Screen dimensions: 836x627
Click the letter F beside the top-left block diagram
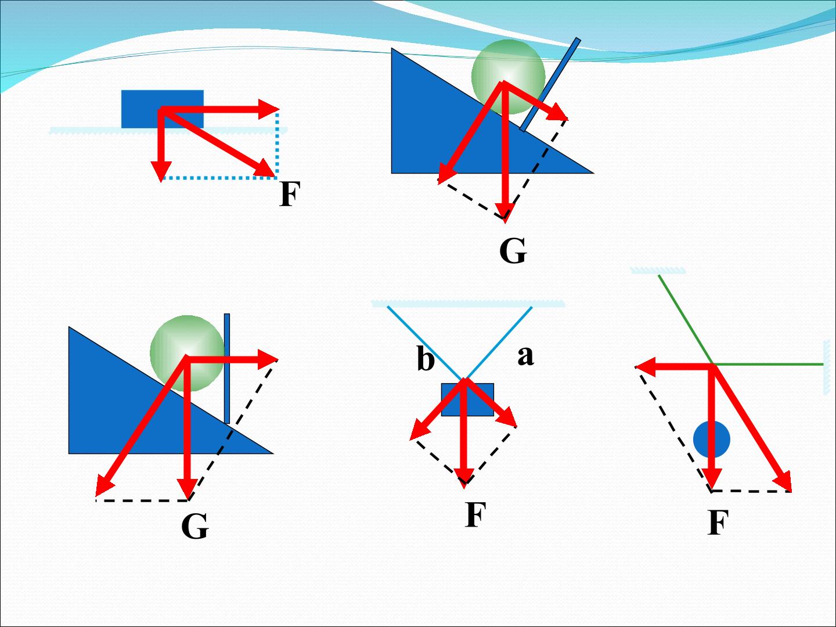pos(290,194)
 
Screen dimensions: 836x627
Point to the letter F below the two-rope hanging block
pos(475,514)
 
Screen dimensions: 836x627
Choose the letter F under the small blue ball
pos(718,522)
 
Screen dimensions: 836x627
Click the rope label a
pos(525,356)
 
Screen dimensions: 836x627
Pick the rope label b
pos(426,358)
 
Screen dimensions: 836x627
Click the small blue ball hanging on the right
pos(711,439)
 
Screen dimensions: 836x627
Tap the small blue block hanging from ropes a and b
pos(467,400)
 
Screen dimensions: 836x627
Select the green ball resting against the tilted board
pos(509,77)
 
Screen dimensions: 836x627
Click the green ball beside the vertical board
pos(187,354)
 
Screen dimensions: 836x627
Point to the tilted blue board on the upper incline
pos(550,85)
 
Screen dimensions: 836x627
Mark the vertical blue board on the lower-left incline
pos(227,369)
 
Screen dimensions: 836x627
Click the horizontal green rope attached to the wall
pos(769,365)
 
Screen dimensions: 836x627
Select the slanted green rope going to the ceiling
pos(686,320)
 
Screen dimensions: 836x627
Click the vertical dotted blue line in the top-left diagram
pos(277,144)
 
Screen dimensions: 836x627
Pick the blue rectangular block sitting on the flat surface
pos(162,109)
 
